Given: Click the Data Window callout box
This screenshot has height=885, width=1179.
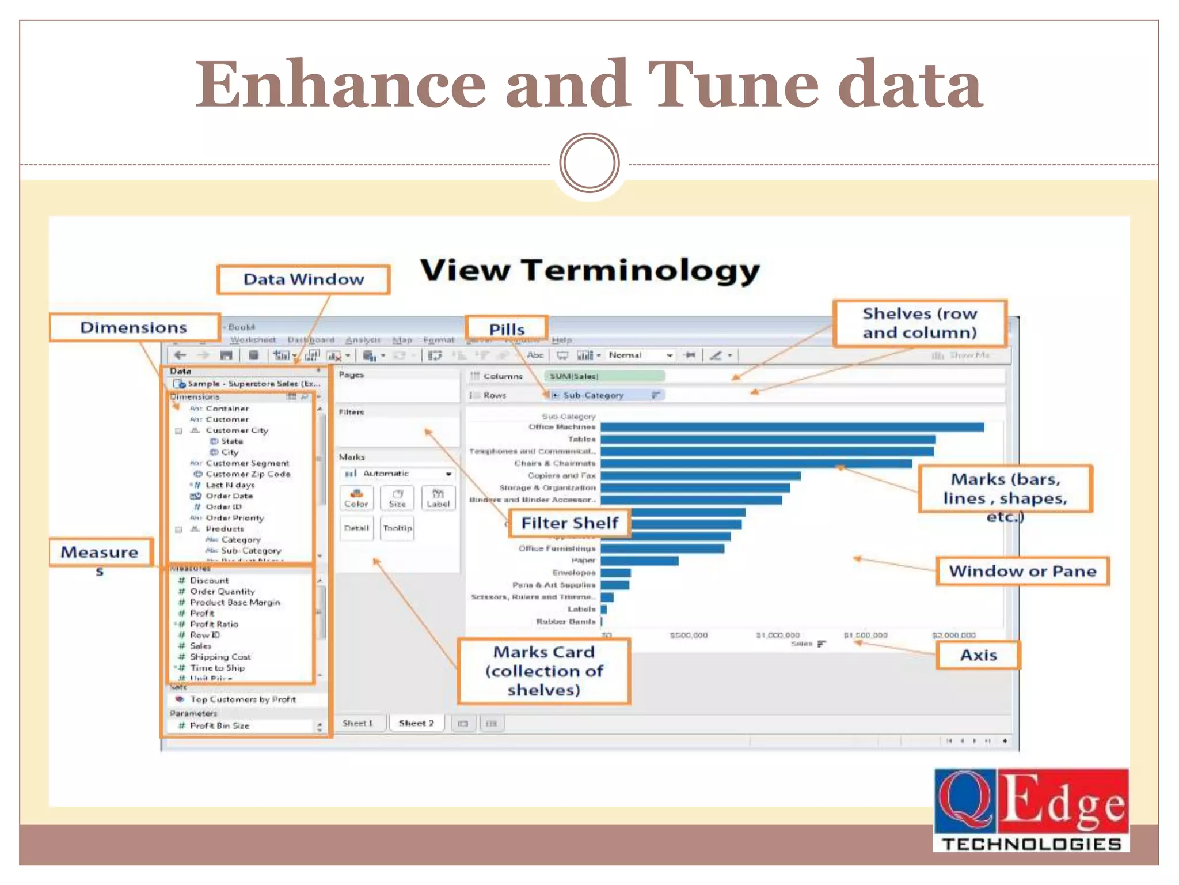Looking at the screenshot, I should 303,279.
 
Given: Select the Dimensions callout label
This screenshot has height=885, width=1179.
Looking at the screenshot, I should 134,327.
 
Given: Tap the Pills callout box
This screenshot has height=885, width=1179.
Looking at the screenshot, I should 506,328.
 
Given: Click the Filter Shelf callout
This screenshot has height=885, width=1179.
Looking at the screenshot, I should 569,523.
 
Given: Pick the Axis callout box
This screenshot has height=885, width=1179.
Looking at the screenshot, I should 978,655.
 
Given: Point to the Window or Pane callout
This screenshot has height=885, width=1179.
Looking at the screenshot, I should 1022,571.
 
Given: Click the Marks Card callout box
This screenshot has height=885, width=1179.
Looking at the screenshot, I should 544,671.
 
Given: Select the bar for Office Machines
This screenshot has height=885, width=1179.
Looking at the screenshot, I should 792,428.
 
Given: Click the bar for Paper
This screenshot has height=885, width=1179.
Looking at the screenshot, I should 639,561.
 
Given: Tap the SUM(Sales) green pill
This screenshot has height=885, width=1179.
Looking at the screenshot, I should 604,376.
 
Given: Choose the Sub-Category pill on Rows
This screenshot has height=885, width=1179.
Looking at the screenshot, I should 604,395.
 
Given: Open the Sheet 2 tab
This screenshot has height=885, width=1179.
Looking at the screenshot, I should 416,723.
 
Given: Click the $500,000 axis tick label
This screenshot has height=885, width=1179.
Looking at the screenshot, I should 689,635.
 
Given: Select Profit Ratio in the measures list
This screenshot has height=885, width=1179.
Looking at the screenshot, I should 214,624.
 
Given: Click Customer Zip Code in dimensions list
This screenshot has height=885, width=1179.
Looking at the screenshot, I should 248,474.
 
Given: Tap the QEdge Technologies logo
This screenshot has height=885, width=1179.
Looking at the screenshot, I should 1030,810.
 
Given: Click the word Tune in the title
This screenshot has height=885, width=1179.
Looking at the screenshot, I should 732,85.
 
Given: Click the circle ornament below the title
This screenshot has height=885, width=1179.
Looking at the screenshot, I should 589,162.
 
